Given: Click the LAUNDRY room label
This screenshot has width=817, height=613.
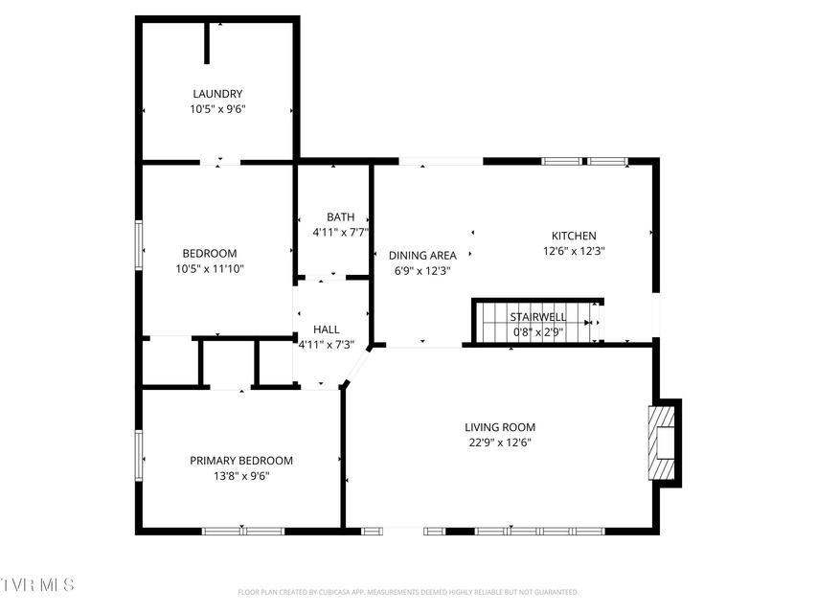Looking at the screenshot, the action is [217, 94].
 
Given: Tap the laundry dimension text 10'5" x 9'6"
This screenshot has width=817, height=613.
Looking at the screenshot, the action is [217, 109].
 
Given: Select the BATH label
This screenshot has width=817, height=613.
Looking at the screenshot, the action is [341, 216].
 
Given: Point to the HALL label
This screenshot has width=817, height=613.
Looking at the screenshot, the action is [327, 329].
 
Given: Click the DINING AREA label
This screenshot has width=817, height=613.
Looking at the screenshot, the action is [422, 256].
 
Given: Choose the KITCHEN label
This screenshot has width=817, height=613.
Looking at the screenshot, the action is [574, 236].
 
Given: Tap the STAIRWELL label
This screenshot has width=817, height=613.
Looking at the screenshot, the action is [537, 317].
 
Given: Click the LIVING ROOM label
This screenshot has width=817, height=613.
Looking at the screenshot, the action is [500, 427].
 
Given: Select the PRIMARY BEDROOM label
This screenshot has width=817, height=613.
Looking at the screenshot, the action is [241, 461].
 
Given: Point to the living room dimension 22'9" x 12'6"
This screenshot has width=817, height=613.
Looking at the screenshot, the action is [500, 443].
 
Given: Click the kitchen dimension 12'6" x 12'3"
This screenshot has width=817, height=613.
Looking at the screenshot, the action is [574, 251].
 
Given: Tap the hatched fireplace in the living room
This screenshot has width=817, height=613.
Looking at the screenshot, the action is [661, 443].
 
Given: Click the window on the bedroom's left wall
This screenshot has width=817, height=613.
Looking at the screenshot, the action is [139, 245].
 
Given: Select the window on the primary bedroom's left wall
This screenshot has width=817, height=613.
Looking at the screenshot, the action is [139, 455].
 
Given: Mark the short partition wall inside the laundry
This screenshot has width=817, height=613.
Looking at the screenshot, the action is [207, 43].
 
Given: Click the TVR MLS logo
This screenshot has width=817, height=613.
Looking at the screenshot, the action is [37, 584].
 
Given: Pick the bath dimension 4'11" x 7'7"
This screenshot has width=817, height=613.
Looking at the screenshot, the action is [341, 233].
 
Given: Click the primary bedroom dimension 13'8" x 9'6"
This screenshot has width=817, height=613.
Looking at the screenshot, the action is [241, 476].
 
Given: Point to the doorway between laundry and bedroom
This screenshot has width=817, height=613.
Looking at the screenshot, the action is [220, 162].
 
